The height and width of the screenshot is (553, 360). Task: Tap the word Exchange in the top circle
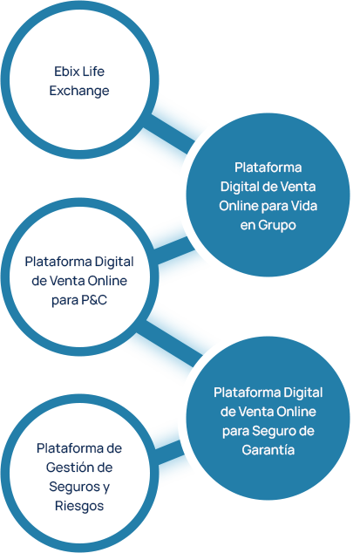[x=78, y=90]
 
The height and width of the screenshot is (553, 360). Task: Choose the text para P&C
[x=78, y=300]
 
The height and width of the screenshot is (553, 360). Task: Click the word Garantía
[x=268, y=451]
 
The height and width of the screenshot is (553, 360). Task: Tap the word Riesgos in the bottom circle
[x=78, y=505]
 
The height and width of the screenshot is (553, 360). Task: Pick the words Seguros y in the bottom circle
[x=78, y=486]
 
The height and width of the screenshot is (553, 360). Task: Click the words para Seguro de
[x=268, y=431]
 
